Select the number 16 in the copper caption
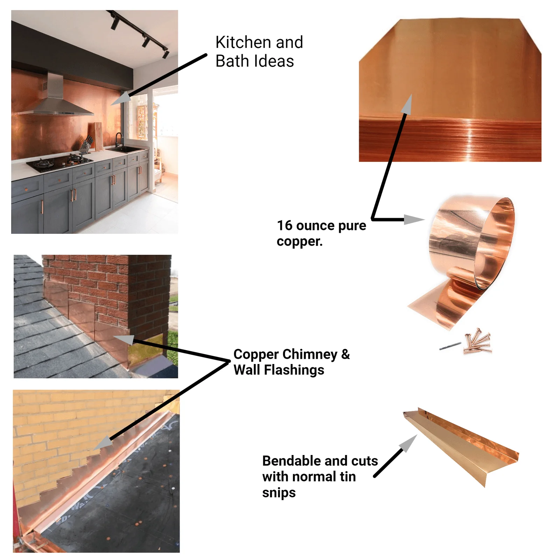285,226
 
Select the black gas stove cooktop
59,162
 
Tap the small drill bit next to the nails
450,346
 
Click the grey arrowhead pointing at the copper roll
414,219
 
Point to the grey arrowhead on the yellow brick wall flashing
103,443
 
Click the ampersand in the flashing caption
345,354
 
